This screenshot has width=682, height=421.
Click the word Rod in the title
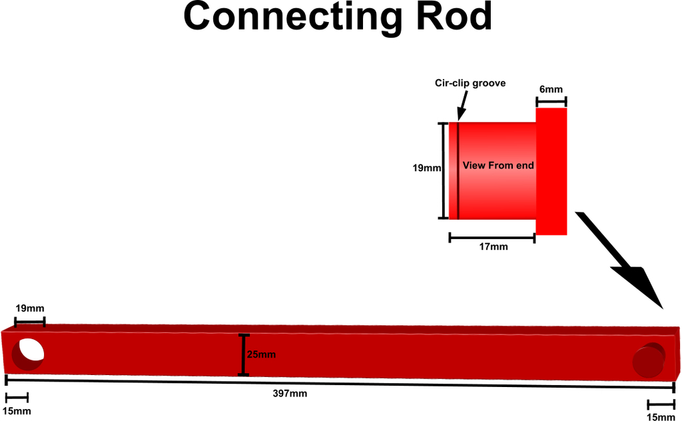[x=454, y=16]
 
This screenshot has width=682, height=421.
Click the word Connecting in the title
[x=293, y=18]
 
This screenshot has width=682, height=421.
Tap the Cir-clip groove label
[x=470, y=83]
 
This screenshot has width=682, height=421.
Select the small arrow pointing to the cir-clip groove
[x=463, y=105]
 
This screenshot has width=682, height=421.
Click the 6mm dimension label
[x=551, y=89]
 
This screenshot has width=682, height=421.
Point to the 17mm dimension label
[x=494, y=246]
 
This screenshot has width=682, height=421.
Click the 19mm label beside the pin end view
[x=427, y=168]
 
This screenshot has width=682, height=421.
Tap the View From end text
[x=498, y=165]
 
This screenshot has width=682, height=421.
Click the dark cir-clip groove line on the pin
[x=458, y=171]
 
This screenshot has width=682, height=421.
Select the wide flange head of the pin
[x=551, y=171]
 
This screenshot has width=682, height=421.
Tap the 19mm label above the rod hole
[x=30, y=308]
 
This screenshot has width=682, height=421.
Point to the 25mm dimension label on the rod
[x=261, y=354]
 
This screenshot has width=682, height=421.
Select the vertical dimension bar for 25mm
[x=244, y=355]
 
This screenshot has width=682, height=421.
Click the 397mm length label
[x=290, y=394]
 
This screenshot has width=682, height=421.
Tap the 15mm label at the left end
[x=17, y=411]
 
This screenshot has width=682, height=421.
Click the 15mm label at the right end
[x=661, y=417]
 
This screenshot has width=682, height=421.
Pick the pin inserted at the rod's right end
[x=649, y=360]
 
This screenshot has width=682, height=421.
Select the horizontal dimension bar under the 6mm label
[x=551, y=102]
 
